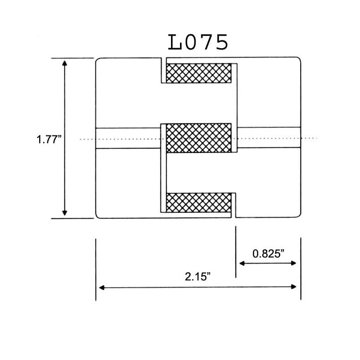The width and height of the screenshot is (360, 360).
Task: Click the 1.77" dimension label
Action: pyautogui.click(x=49, y=139)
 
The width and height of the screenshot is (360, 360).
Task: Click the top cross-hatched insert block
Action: pyautogui.click(x=199, y=73)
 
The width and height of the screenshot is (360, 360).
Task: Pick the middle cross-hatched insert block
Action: pyautogui.click(x=199, y=137)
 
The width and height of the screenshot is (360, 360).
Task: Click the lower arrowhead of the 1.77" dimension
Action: pyautogui.click(x=65, y=214)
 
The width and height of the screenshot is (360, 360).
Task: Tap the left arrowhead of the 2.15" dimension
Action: pyautogui.click(x=101, y=287)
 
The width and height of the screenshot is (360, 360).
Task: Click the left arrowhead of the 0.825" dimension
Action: pyautogui.click(x=241, y=263)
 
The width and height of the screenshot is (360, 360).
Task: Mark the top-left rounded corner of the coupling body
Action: pyautogui.click(x=98, y=60)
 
